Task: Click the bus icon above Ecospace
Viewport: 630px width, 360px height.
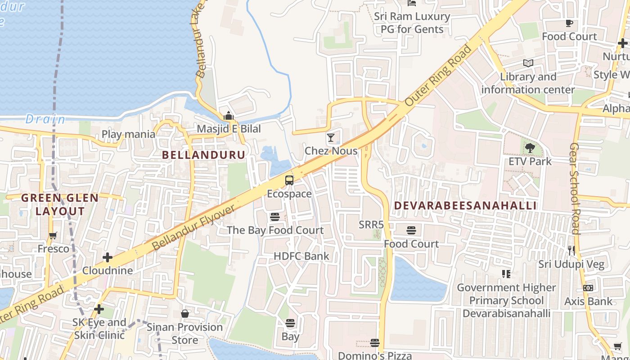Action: pos(289,180)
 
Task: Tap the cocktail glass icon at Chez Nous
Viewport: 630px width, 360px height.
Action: pos(331,137)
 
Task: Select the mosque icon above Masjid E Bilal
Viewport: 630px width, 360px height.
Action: pos(229,116)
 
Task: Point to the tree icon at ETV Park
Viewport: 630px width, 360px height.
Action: pos(530,147)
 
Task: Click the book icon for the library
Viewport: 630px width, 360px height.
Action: pos(528,63)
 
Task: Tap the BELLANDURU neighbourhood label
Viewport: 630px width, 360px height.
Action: pos(204,155)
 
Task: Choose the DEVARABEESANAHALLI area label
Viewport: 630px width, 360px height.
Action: pos(465,206)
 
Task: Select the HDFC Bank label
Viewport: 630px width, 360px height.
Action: pos(301,256)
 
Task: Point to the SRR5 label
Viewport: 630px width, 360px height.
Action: pos(371,225)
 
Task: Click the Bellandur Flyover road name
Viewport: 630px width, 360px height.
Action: pos(193,228)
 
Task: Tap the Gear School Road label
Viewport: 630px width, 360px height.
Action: pos(575,189)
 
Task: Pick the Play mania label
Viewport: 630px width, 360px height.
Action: pos(128,134)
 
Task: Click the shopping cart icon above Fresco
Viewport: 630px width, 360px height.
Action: pos(53,235)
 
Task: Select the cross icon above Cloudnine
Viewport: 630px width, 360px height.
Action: pos(108,257)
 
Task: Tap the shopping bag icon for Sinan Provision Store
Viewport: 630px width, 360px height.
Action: pos(185,314)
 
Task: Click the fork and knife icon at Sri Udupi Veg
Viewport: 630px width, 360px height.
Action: pos(571,251)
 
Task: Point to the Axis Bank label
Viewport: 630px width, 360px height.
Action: pos(589,301)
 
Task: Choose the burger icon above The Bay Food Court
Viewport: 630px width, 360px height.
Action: pos(275,217)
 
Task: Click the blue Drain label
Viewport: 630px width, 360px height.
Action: pos(45,119)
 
